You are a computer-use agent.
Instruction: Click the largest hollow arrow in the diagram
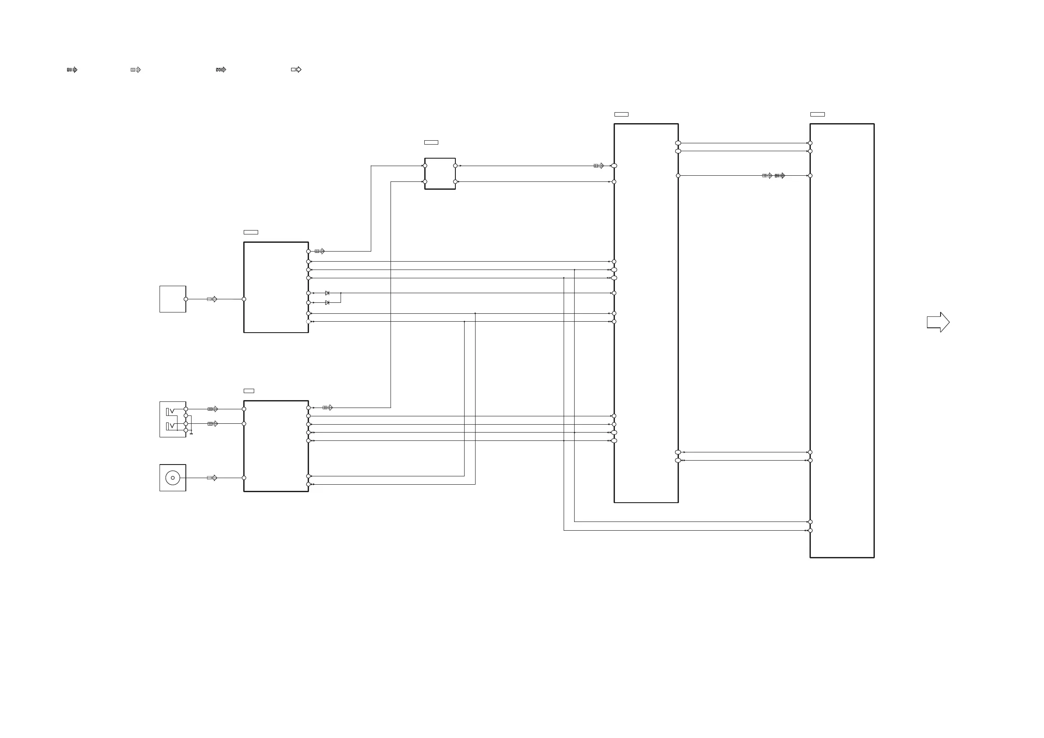pyautogui.click(x=938, y=322)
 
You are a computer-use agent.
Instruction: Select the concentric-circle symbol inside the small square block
pyautogui.click(x=173, y=478)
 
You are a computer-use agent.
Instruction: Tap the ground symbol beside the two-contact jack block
pyautogui.click(x=191, y=433)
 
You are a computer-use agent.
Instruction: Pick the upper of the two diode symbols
pyautogui.click(x=327, y=293)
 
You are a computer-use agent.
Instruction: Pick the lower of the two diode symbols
pyautogui.click(x=327, y=303)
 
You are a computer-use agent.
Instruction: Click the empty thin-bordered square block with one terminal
pyautogui.click(x=173, y=299)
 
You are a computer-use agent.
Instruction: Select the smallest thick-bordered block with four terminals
pyautogui.click(x=440, y=174)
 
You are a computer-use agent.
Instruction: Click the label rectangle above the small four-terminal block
pyautogui.click(x=431, y=142)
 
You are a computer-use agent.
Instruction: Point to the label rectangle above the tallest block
pyautogui.click(x=817, y=114)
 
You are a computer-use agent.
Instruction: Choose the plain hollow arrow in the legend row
pyautogui.click(x=296, y=70)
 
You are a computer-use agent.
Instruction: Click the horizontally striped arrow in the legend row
pyautogui.click(x=72, y=70)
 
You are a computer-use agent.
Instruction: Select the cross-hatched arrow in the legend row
pyautogui.click(x=221, y=70)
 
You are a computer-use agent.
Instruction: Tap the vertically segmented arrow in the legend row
pyautogui.click(x=136, y=70)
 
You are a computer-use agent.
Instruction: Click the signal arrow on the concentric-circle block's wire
pyautogui.click(x=212, y=478)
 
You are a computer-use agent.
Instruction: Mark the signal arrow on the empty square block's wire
pyautogui.click(x=212, y=299)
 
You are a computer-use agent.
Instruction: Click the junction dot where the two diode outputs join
pyautogui.click(x=341, y=293)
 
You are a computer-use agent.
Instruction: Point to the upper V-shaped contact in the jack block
pyautogui.click(x=172, y=411)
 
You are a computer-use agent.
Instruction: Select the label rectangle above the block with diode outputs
pyautogui.click(x=251, y=232)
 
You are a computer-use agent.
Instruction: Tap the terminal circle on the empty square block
pyautogui.click(x=185, y=299)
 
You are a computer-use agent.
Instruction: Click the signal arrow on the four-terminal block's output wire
pyautogui.click(x=599, y=166)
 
